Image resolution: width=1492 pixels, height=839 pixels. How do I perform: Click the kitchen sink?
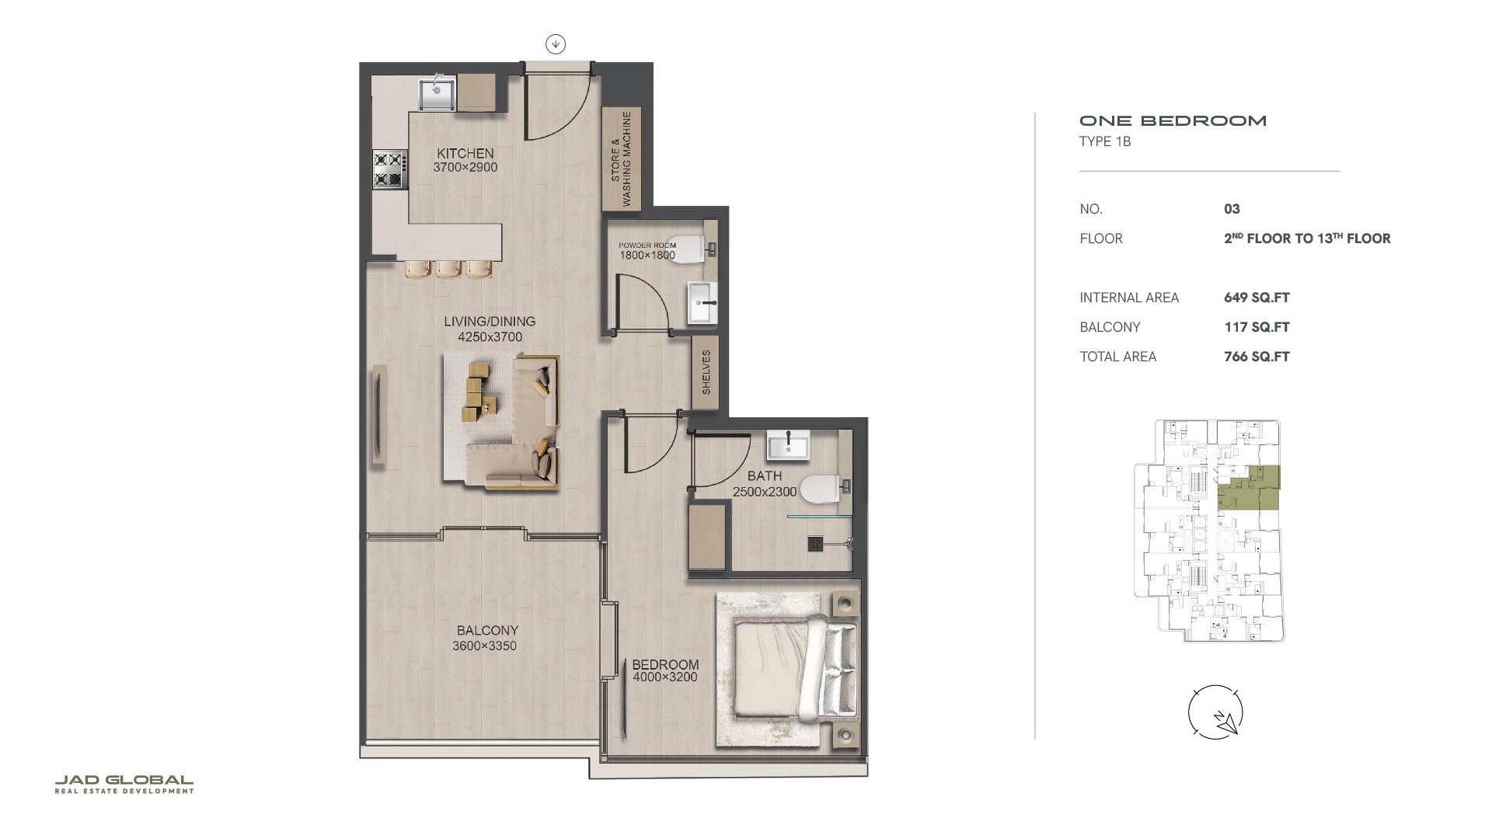(437, 93)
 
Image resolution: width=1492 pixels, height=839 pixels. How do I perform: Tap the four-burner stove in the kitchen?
(390, 169)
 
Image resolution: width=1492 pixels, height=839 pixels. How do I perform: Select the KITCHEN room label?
(465, 153)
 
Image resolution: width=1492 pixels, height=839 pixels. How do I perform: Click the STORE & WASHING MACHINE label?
(621, 158)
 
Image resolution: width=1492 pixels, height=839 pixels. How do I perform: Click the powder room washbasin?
(703, 302)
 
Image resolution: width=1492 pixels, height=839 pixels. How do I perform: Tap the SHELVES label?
(706, 372)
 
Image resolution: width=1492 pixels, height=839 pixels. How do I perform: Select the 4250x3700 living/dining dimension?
(490, 337)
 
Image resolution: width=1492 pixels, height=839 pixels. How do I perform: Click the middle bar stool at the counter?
(448, 269)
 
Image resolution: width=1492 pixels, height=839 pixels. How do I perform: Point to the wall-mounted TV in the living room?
(378, 416)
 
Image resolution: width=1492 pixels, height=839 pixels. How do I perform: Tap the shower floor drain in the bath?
(815, 543)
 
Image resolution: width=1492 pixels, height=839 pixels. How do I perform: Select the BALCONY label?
(487, 630)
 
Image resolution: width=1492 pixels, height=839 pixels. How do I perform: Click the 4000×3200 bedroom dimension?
(664, 677)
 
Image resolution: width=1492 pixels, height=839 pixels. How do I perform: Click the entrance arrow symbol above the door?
(555, 44)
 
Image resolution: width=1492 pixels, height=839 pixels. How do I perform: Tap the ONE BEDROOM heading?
(1173, 120)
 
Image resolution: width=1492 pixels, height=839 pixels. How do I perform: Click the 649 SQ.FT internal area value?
(1257, 298)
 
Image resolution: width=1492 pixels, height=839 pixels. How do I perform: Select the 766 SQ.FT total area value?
(1257, 357)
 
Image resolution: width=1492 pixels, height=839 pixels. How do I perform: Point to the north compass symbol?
(1215, 712)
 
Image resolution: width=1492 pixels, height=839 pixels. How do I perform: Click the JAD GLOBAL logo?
(124, 784)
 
